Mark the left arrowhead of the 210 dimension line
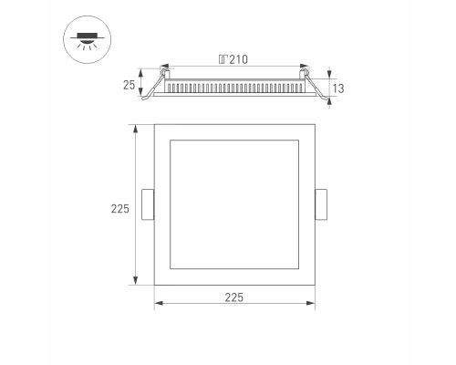(164, 68)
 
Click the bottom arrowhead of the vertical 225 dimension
(136, 282)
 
